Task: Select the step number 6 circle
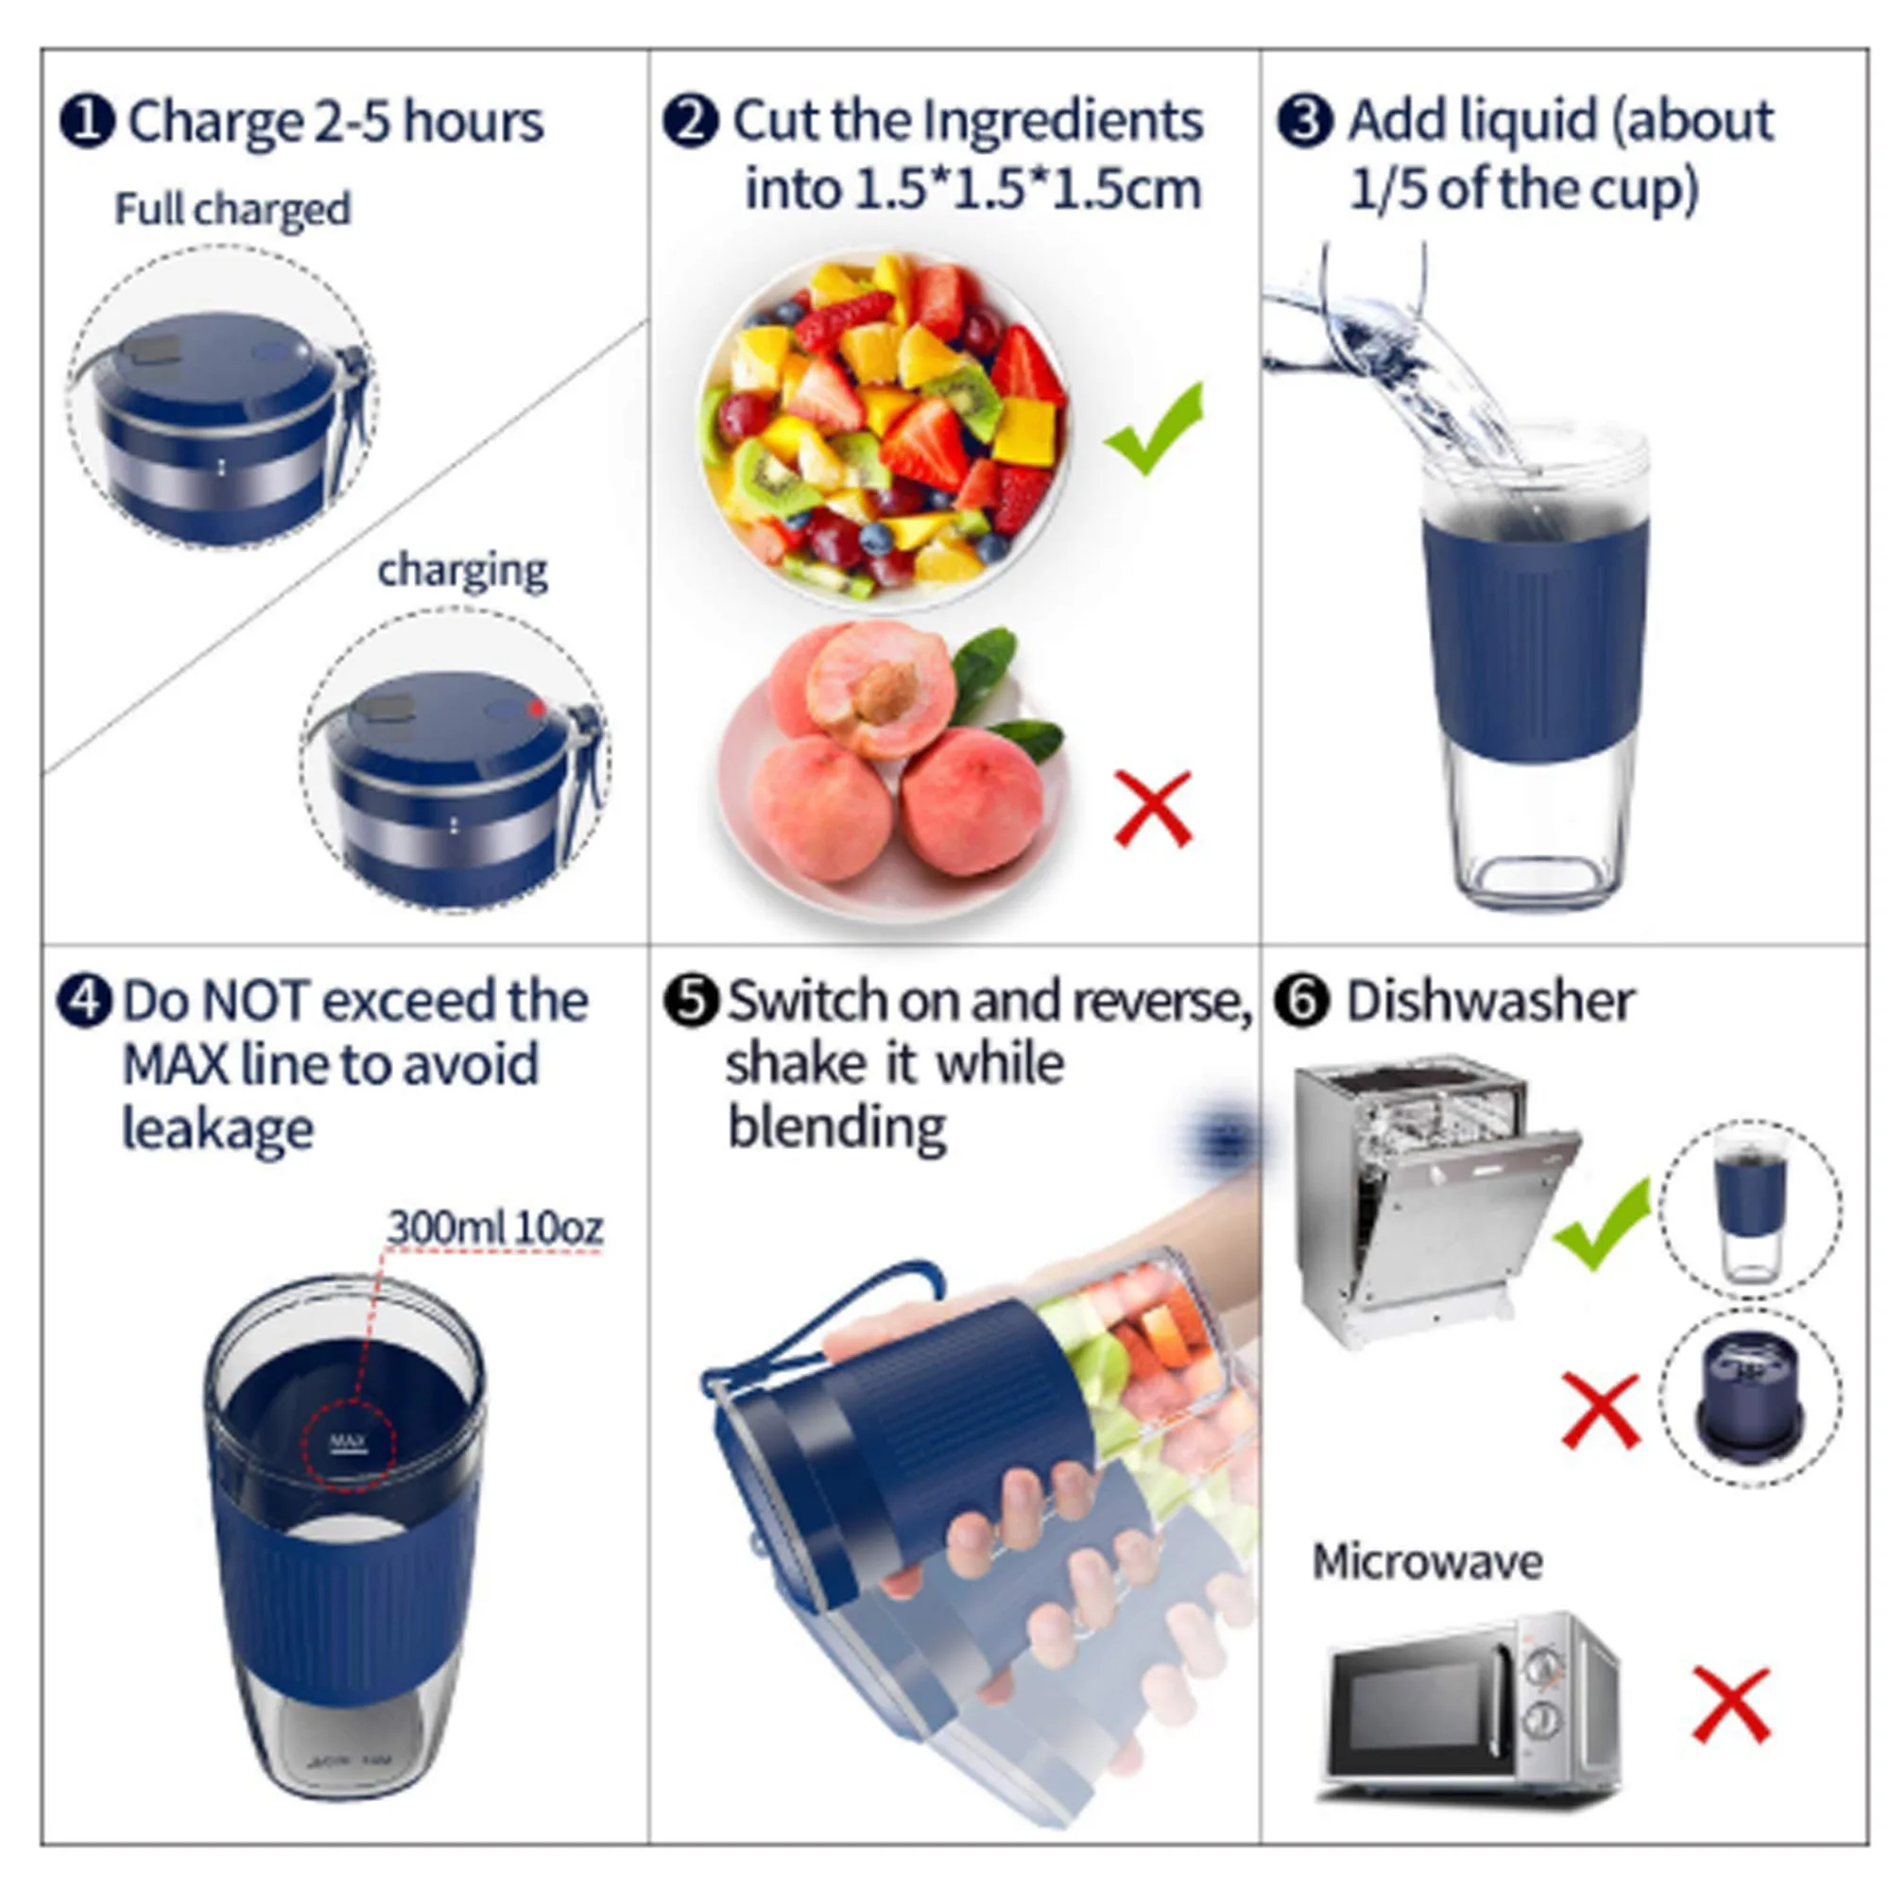(x=1302, y=1002)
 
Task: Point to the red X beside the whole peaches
(x=1153, y=808)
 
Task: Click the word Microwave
(x=1427, y=1561)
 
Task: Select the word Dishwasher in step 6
(x=1489, y=1002)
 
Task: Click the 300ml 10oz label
(x=495, y=1227)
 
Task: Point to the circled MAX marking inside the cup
(x=349, y=1442)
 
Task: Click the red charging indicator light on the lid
(x=535, y=707)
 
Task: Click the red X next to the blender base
(x=1601, y=1409)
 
